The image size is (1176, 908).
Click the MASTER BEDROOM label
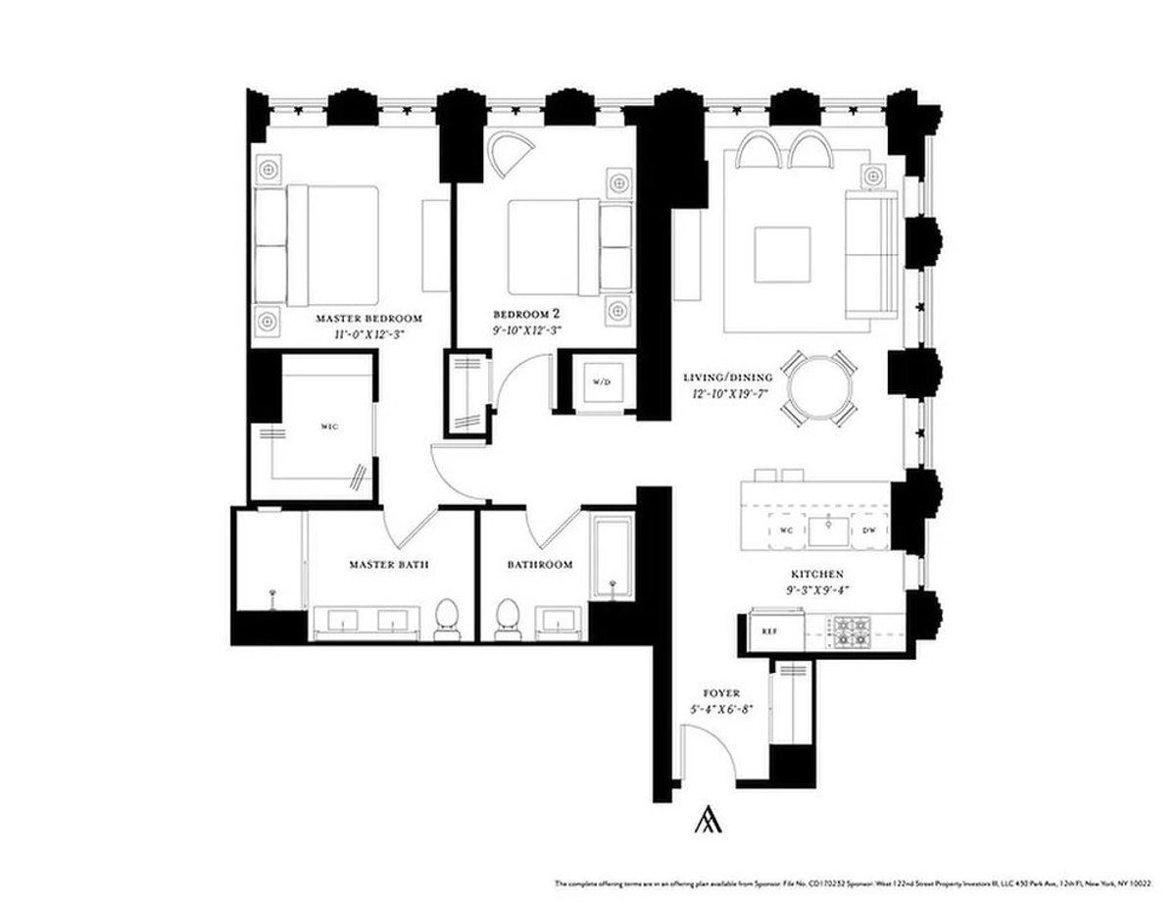pos(368,319)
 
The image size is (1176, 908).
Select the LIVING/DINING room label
pos(728,377)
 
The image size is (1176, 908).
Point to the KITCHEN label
pos(818,575)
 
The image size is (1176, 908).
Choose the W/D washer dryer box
pos(600,381)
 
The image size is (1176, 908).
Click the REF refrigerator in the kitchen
pos(769,632)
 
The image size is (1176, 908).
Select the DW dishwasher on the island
pos(868,530)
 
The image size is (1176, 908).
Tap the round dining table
pos(821,388)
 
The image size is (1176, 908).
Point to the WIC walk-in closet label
pos(328,428)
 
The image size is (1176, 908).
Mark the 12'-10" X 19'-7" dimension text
pos(728,393)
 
